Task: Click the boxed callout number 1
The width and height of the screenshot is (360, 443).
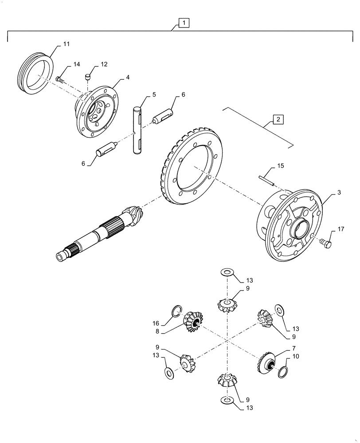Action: point(184,23)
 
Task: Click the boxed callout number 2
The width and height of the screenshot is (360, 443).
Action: point(277,119)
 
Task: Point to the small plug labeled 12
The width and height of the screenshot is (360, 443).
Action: point(88,77)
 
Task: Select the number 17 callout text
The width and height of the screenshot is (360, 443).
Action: point(340,229)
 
